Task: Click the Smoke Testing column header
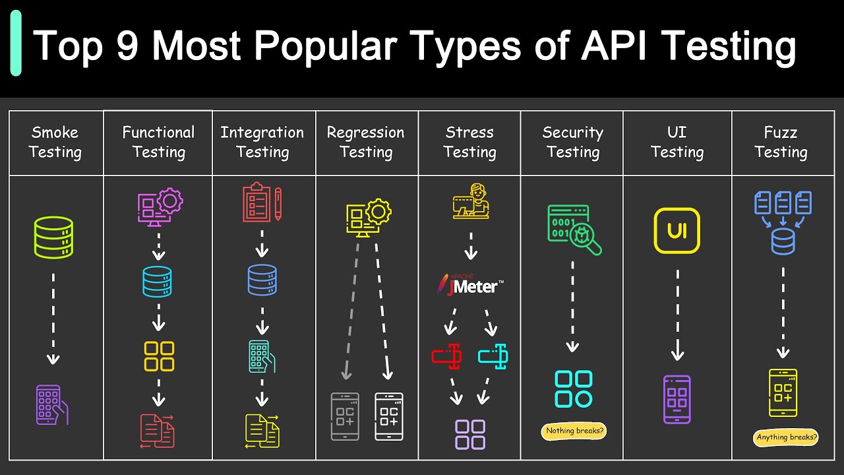pyautogui.click(x=55, y=142)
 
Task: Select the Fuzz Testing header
pyautogui.click(x=781, y=142)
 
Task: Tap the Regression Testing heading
pyautogui.click(x=366, y=142)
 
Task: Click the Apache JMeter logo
pyautogui.click(x=469, y=284)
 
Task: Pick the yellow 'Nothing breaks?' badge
pyautogui.click(x=574, y=431)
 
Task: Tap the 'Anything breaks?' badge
pyautogui.click(x=786, y=437)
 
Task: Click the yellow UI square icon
pyautogui.click(x=677, y=231)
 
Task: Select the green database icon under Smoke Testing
pyautogui.click(x=53, y=237)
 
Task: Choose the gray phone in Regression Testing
pyautogui.click(x=344, y=416)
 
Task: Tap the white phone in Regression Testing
pyautogui.click(x=388, y=416)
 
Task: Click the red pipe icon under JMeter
pyautogui.click(x=446, y=357)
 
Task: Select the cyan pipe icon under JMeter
pyautogui.click(x=493, y=357)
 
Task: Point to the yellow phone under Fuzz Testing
pyautogui.click(x=783, y=393)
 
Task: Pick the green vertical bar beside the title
pyautogui.click(x=16, y=44)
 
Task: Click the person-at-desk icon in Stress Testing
pyautogui.click(x=471, y=201)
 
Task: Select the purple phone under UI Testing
pyautogui.click(x=677, y=399)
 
